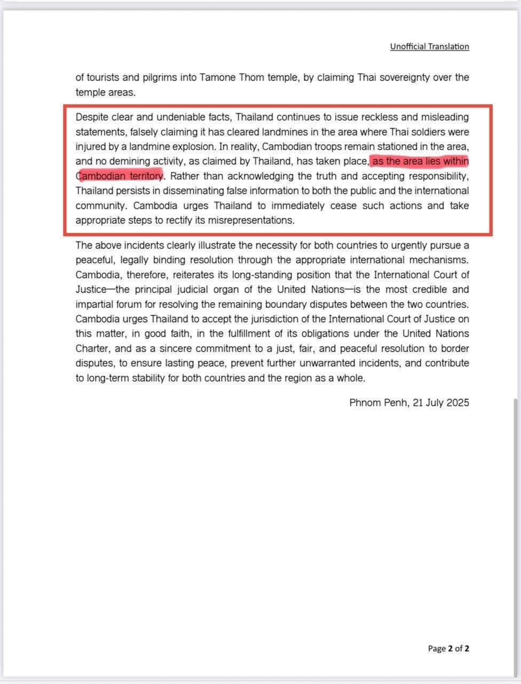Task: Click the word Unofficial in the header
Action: pyautogui.click(x=407, y=46)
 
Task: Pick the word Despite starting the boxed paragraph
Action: pyautogui.click(x=91, y=117)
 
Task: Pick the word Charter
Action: pyautogui.click(x=92, y=348)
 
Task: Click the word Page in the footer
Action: pyautogui.click(x=437, y=649)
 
